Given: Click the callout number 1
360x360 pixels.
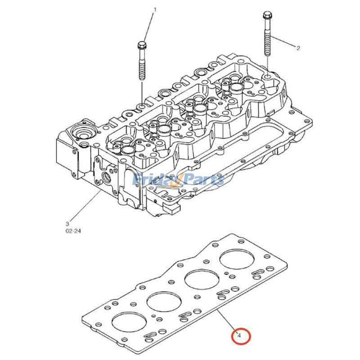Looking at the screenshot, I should (x=155, y=9).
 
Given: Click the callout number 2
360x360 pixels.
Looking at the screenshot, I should (x=298, y=47).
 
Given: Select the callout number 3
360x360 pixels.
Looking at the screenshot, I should (x=67, y=223).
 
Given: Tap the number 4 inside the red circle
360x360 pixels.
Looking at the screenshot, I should (x=239, y=335).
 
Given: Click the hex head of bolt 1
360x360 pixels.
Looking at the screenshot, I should (x=141, y=46).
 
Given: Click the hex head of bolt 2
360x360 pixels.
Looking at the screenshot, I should (x=265, y=17).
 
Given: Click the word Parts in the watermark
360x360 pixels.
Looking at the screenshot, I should (x=205, y=180).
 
